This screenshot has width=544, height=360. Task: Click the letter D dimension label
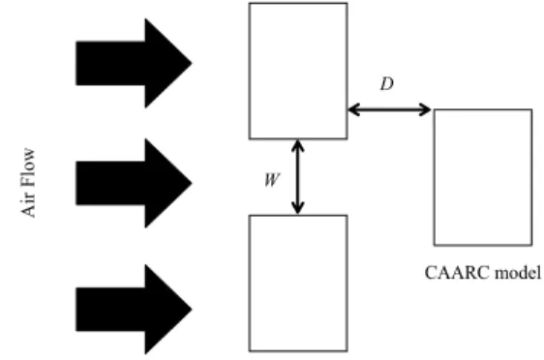[387, 84]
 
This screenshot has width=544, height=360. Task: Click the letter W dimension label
[272, 180]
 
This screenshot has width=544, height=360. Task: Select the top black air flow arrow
[134, 63]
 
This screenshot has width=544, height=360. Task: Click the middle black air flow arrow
[134, 183]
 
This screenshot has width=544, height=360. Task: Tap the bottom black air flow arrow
[134, 309]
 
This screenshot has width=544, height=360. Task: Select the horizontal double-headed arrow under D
[389, 110]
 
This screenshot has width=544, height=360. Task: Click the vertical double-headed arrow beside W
[298, 177]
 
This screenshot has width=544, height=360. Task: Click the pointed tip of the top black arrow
[192, 63]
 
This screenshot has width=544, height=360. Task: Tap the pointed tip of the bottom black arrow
[192, 309]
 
